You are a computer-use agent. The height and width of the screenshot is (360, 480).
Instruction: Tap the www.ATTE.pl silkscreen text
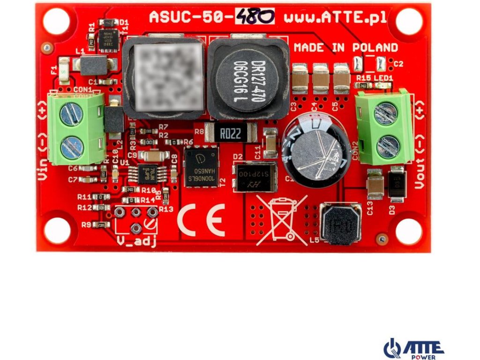point(335,17)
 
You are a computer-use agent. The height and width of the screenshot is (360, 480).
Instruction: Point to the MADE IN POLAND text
point(346,48)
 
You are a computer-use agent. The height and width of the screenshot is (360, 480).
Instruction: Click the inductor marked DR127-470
point(247,79)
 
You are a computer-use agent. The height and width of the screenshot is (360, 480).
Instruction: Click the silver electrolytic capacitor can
point(314,151)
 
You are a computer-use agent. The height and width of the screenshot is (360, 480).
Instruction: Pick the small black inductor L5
point(341,224)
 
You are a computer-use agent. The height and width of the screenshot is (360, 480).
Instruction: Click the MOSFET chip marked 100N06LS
point(202,167)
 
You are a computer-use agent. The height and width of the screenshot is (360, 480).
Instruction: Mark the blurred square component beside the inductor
point(164,78)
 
